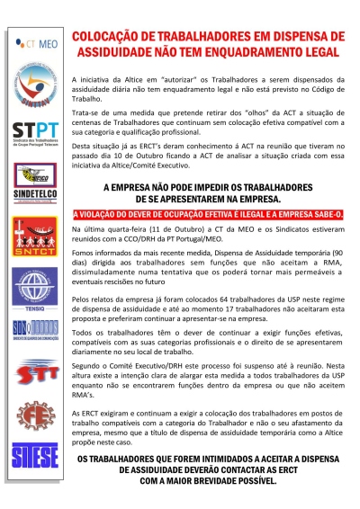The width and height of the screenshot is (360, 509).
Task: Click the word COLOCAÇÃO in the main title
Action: coord(105,30)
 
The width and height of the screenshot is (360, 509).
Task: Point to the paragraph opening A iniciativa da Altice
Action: coord(209,85)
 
